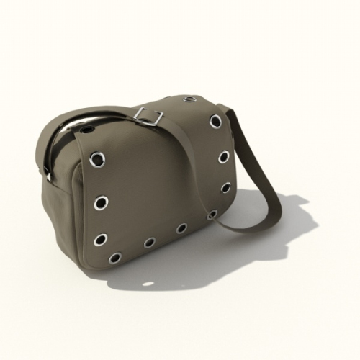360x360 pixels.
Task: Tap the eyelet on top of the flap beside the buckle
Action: (190, 99)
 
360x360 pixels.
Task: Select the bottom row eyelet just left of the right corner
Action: (182, 228)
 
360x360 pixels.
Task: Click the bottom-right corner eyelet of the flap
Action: (212, 215)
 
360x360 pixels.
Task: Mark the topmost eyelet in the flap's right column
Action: (215, 121)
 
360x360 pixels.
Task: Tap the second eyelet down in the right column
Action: (225, 156)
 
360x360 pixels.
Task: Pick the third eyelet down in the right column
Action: (226, 187)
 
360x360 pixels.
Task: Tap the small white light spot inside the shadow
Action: (148, 283)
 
